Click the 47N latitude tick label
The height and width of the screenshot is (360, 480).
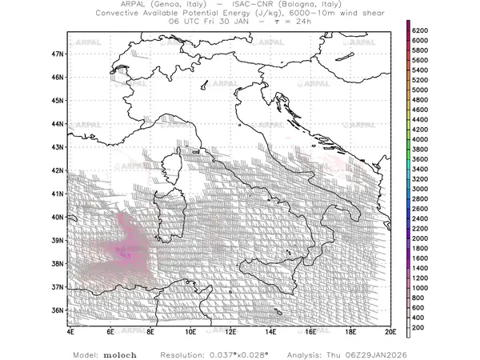57,54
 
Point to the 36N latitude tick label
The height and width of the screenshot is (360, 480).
57,310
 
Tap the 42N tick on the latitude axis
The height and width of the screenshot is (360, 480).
57,170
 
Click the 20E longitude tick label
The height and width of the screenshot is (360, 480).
390,330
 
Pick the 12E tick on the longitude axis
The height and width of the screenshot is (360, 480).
230,330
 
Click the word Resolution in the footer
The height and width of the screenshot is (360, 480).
182,352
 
